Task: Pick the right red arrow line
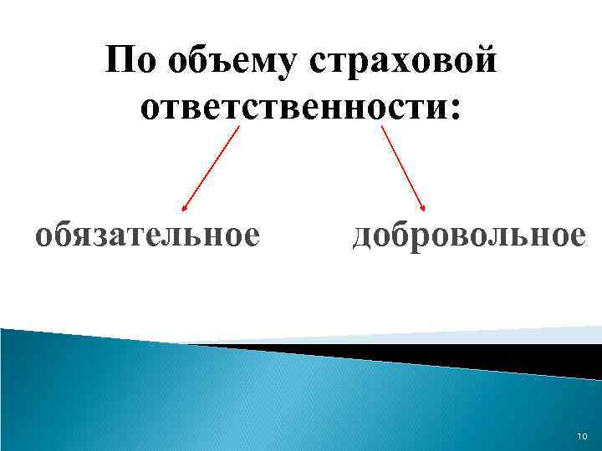click(x=405, y=167)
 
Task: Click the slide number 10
click(x=583, y=436)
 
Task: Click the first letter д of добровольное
click(x=362, y=236)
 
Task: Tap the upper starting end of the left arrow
click(x=238, y=127)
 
